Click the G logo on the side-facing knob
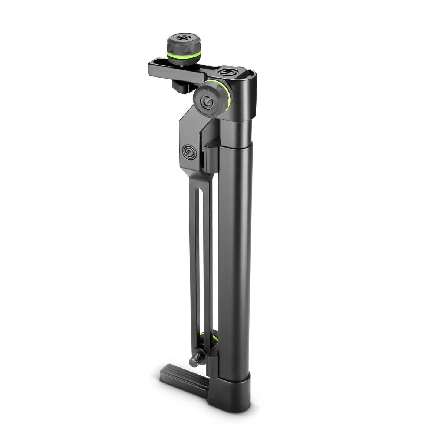tap(206, 102)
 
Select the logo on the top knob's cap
tap(181, 38)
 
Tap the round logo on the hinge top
tap(227, 72)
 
